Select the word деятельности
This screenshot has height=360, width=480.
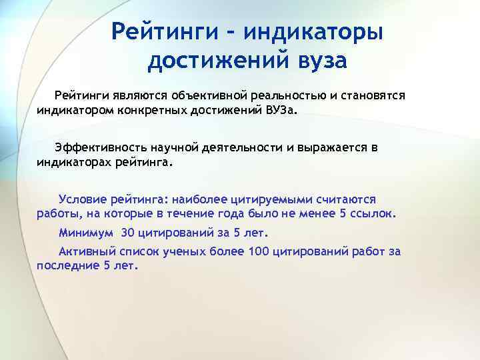click(x=249, y=148)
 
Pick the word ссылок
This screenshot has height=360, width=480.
click(x=373, y=215)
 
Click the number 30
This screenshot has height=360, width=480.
click(x=128, y=233)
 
